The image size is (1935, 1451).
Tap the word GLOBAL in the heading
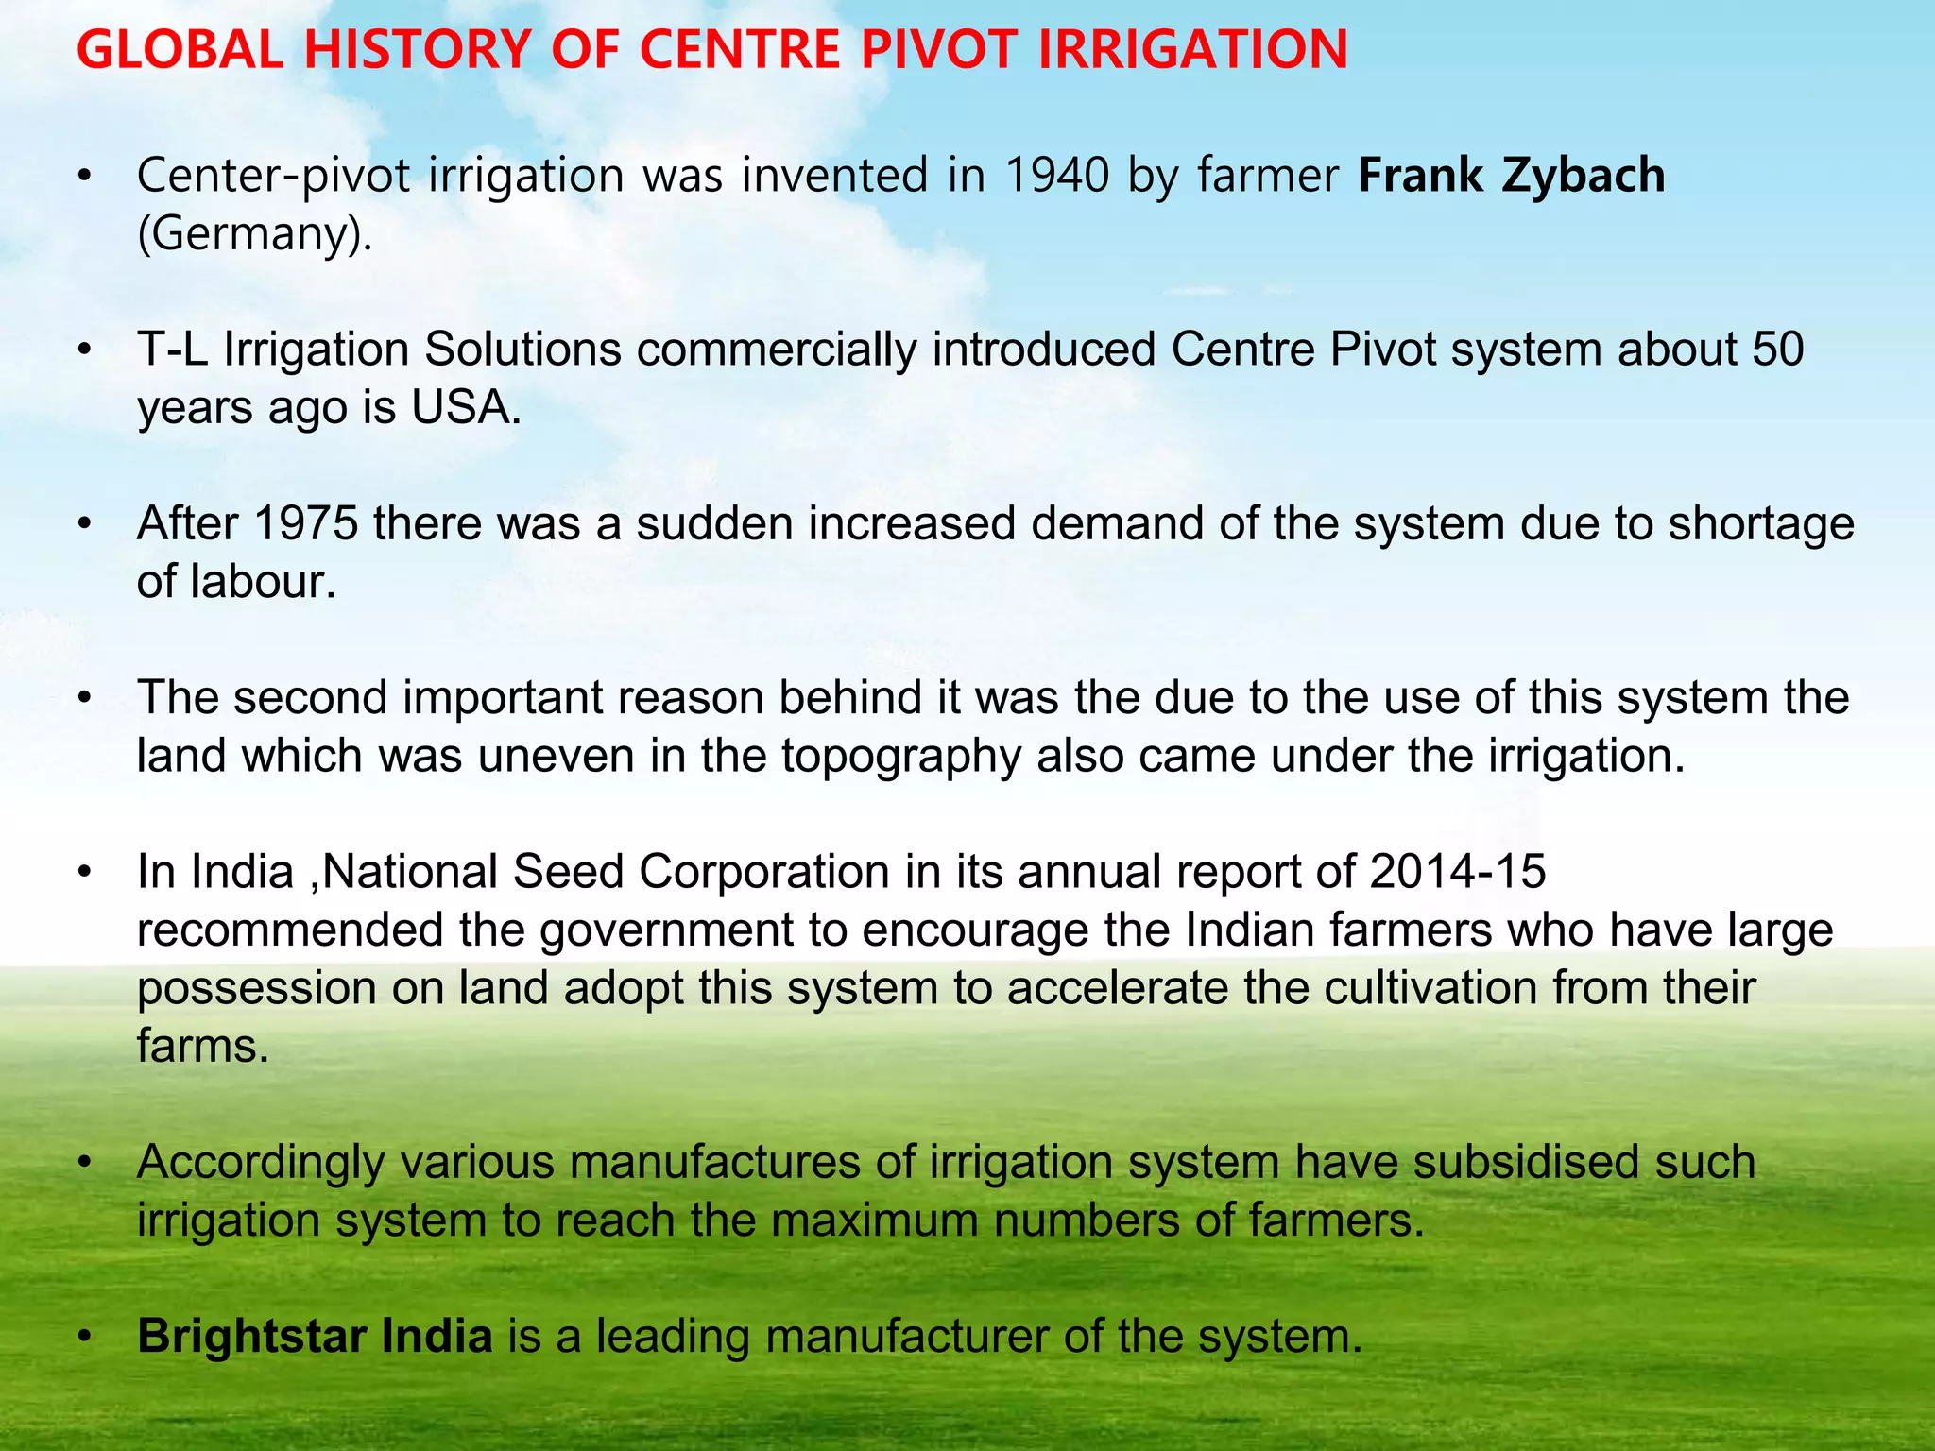(x=180, y=50)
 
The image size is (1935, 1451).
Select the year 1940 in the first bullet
(x=1056, y=176)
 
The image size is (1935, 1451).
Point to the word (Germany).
(x=254, y=233)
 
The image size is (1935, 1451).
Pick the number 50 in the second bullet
(x=1777, y=350)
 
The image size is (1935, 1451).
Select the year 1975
(x=305, y=524)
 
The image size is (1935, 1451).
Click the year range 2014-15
(x=1457, y=872)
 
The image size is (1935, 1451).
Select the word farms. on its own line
(x=203, y=1046)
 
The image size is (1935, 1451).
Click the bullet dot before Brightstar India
(x=85, y=1337)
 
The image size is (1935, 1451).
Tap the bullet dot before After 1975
(x=85, y=524)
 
